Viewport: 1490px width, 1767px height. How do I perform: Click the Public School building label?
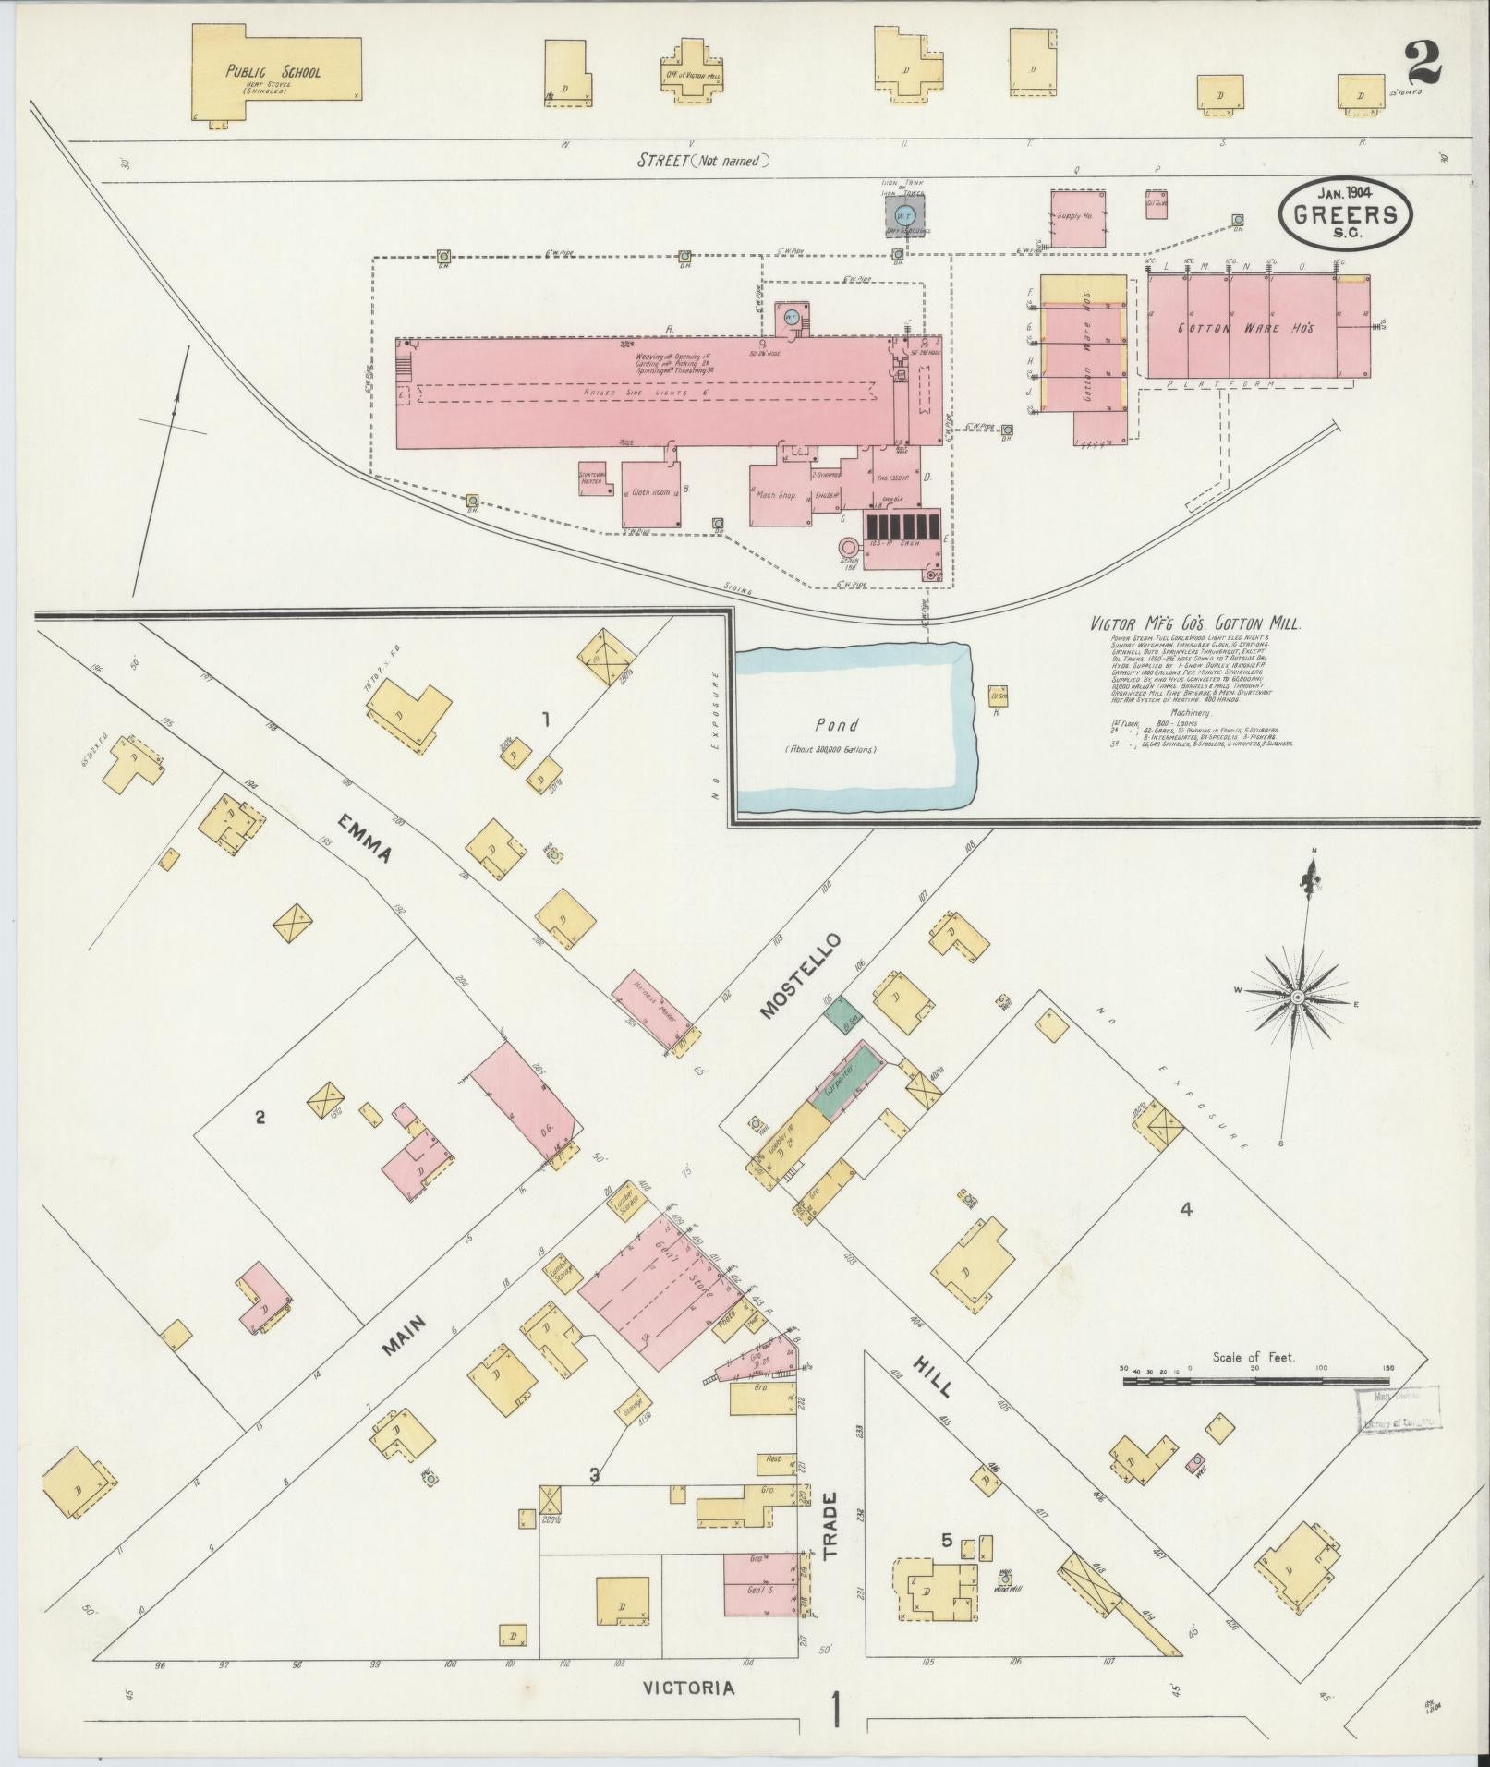tap(273, 71)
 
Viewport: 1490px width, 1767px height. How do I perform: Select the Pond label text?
tap(836, 725)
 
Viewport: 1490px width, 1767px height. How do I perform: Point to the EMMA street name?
tap(362, 838)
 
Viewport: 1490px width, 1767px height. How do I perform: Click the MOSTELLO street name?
tap(800, 975)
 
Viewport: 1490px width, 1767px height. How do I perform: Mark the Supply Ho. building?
tap(1077, 218)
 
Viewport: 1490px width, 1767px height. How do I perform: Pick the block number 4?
tap(1187, 1208)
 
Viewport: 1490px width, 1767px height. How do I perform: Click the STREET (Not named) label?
tap(703, 161)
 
